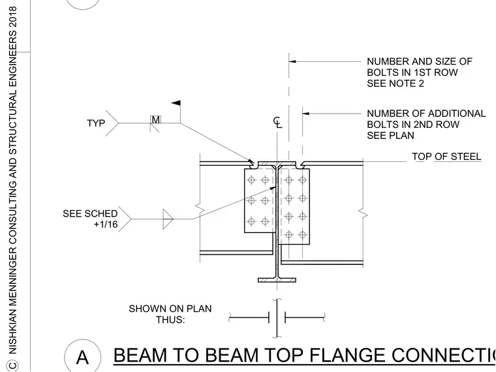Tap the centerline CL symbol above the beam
tap(277, 122)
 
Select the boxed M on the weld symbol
tap(155, 119)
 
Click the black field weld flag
tap(176, 103)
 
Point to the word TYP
tap(96, 123)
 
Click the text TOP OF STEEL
tap(446, 157)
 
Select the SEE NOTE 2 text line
tap(395, 84)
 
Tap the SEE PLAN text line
tap(390, 136)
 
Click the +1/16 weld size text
tap(106, 225)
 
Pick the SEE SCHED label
tap(90, 213)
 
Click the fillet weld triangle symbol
tap(168, 219)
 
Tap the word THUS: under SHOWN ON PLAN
tap(170, 320)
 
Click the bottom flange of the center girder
tap(277, 280)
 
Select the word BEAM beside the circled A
tap(140, 355)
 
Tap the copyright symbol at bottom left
tap(12, 365)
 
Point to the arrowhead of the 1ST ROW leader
tap(292, 61)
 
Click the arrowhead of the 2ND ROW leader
tap(305, 114)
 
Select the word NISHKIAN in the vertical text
tap(12, 331)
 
